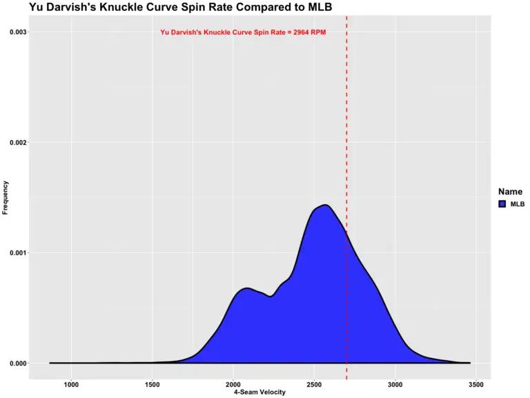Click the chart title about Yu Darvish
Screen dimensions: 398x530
pos(170,8)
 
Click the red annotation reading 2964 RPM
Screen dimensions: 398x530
pos(243,32)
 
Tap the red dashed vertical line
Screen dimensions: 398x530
pos(346,138)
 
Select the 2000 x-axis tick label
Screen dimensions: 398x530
pos(233,384)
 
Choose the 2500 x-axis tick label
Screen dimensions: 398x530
pos(315,384)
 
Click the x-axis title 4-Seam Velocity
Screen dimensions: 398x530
pos(259,392)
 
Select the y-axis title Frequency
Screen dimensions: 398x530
pos(6,198)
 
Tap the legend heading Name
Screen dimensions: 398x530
pos(510,192)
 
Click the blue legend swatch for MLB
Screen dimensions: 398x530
pos(502,204)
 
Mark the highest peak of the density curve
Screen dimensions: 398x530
pos(324,205)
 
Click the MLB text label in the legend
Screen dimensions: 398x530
pos(518,204)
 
